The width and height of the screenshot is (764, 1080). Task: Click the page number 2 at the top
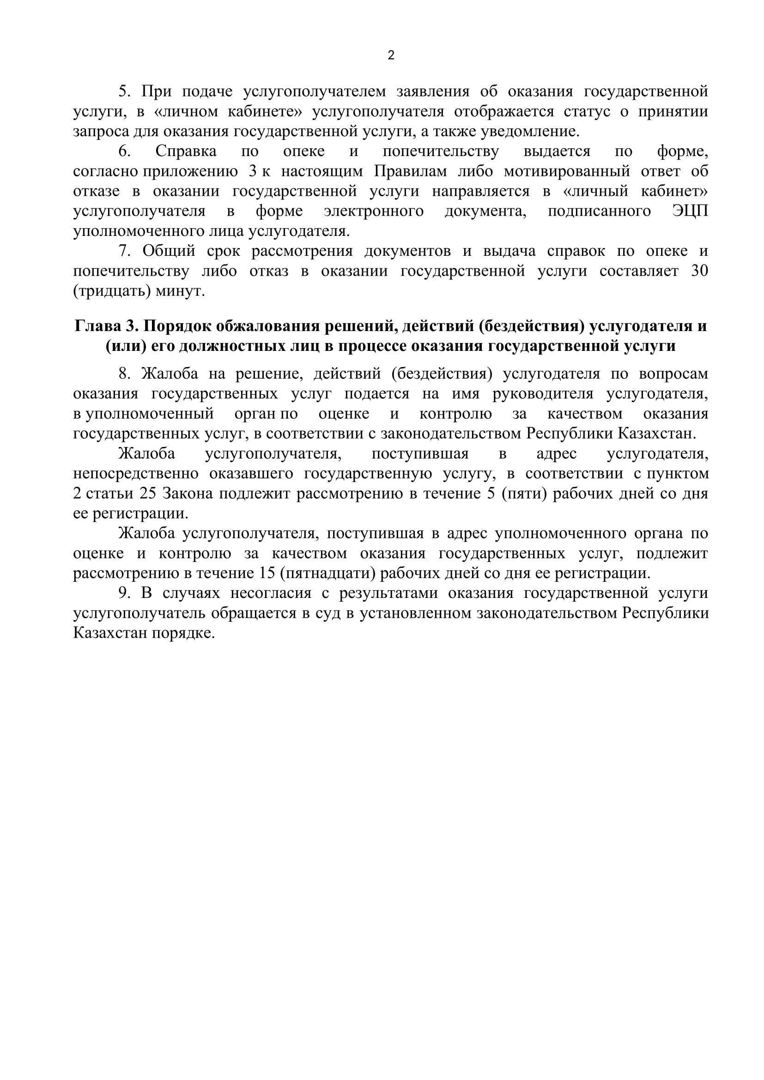coord(391,56)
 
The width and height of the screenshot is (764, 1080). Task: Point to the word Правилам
coord(410,171)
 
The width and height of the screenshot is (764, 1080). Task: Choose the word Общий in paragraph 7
coord(169,251)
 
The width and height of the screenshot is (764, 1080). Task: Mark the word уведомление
coord(529,131)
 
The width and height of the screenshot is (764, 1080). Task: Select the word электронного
coord(374,211)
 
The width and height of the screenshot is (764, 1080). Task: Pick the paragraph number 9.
coord(124,593)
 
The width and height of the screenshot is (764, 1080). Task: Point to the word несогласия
coord(271,593)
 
